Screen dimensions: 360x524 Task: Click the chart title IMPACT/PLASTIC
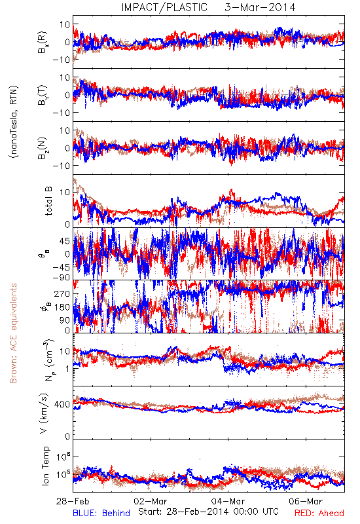[164, 7]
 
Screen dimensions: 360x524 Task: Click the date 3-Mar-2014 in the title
[260, 7]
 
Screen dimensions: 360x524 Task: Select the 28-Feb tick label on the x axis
[73, 501]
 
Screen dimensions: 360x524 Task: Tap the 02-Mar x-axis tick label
[151, 501]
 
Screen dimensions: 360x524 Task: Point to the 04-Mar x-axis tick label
[228, 501]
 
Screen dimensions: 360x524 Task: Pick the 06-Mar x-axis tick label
[306, 501]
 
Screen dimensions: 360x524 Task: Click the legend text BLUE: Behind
[101, 514]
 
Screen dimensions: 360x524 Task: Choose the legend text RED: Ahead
[319, 514]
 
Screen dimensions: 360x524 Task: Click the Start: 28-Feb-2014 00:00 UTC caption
[208, 512]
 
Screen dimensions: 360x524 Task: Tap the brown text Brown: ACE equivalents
[13, 333]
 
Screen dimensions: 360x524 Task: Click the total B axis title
[48, 201]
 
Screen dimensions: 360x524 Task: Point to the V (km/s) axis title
[44, 413]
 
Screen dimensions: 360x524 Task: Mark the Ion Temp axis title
[45, 466]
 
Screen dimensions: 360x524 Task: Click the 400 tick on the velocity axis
[62, 404]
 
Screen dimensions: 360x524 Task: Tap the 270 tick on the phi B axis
[62, 293]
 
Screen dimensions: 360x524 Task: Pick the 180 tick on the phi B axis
[62, 307]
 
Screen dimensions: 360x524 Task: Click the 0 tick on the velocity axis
[67, 436]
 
